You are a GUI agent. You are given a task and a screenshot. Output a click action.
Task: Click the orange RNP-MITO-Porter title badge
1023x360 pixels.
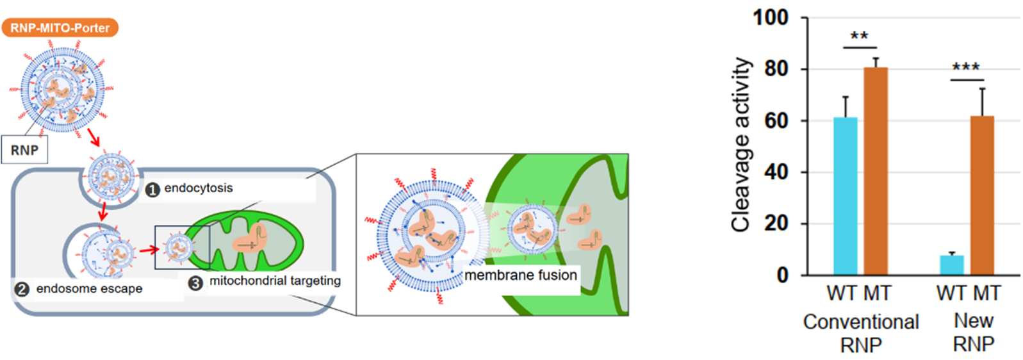(x=60, y=28)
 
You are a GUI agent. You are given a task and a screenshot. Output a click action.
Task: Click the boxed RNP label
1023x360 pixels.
(x=24, y=150)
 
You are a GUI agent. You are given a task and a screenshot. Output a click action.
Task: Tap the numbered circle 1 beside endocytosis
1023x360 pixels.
(x=152, y=190)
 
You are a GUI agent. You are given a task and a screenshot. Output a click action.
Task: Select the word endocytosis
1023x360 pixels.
(x=199, y=188)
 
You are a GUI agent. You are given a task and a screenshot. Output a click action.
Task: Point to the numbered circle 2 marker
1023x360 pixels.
(x=22, y=290)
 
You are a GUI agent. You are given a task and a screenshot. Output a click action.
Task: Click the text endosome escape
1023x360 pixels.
(x=89, y=289)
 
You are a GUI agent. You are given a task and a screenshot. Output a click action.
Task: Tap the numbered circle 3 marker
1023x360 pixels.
(x=195, y=282)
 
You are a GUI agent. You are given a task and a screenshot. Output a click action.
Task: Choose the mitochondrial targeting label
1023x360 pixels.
(x=275, y=281)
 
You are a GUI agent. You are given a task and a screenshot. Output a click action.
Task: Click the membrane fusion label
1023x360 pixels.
(x=520, y=275)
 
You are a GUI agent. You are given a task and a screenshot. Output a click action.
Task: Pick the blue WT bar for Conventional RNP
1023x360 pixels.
(x=845, y=196)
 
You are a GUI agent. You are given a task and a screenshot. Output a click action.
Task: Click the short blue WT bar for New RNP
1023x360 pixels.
(x=951, y=265)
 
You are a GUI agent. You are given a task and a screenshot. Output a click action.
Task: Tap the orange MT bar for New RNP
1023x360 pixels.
(x=982, y=195)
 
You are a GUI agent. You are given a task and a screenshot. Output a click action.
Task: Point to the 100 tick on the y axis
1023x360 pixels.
(x=771, y=17)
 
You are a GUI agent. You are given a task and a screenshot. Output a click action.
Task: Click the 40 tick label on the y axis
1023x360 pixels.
(x=776, y=172)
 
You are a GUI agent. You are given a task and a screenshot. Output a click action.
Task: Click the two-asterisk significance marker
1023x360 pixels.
(x=859, y=36)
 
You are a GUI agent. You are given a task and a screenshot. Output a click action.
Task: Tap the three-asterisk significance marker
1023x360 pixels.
(x=965, y=67)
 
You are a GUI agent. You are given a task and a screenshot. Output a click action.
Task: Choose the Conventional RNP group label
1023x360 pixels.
(x=860, y=332)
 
